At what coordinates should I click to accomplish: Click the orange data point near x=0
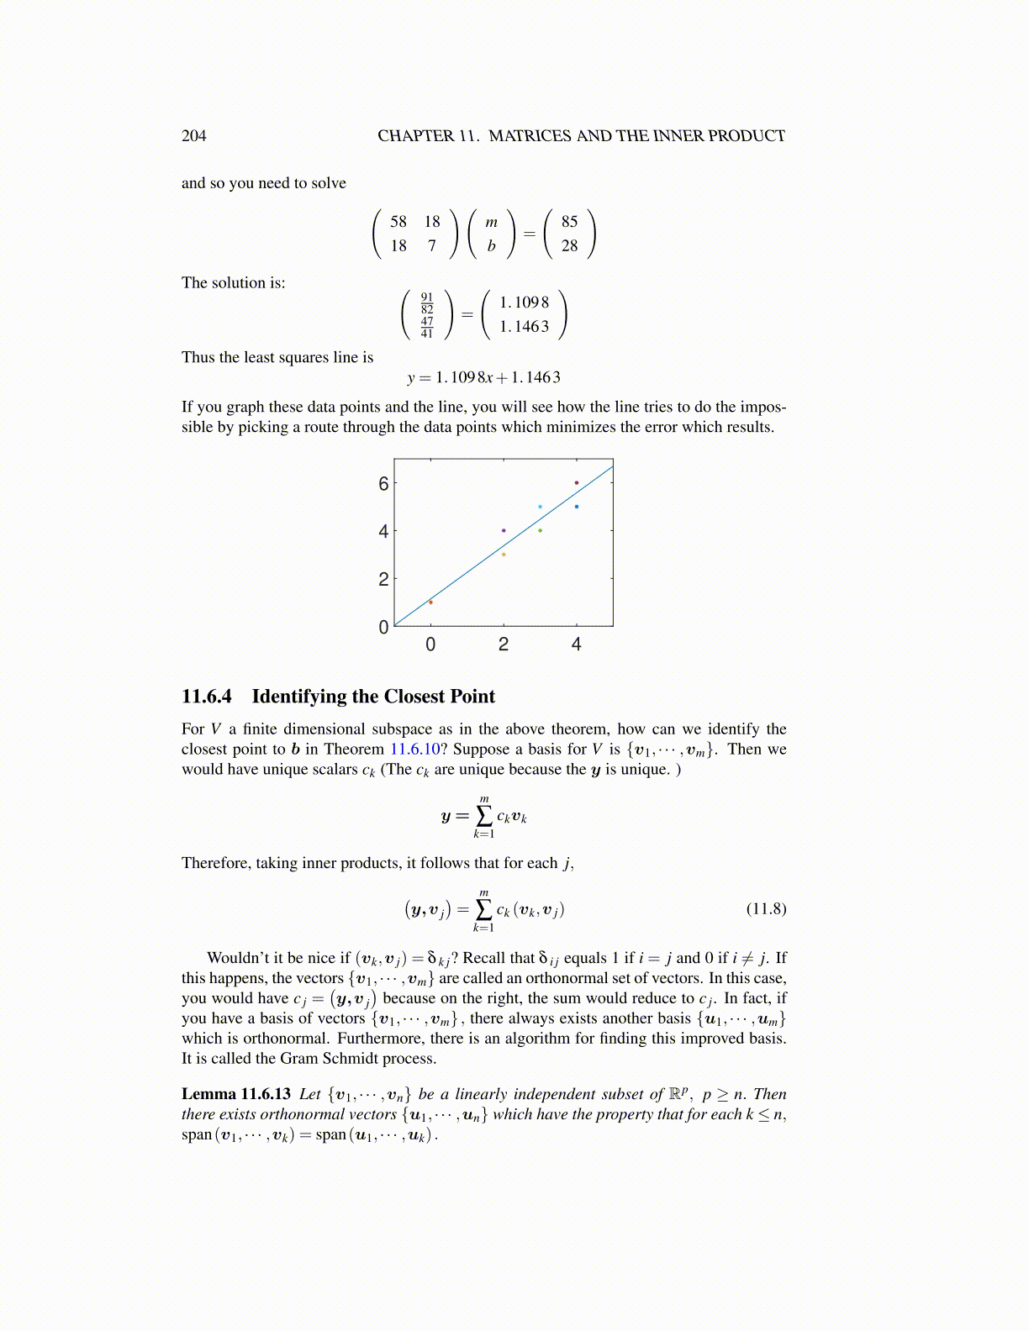pos(430,602)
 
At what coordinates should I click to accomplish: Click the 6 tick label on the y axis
pos(383,483)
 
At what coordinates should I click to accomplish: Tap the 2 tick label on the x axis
pos(504,644)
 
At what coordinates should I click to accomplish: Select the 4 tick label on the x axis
pos(576,644)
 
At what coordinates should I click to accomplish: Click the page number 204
pos(193,136)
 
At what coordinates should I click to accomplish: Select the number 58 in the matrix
pos(398,222)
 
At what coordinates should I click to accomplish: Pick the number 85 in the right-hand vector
pos(569,222)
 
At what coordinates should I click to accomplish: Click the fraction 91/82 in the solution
pos(427,302)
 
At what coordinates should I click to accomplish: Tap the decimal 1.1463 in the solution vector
pos(524,327)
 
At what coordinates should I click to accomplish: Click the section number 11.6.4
pos(207,697)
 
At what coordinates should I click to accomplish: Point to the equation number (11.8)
pos(766,908)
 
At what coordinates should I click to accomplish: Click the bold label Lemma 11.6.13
pos(236,1094)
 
